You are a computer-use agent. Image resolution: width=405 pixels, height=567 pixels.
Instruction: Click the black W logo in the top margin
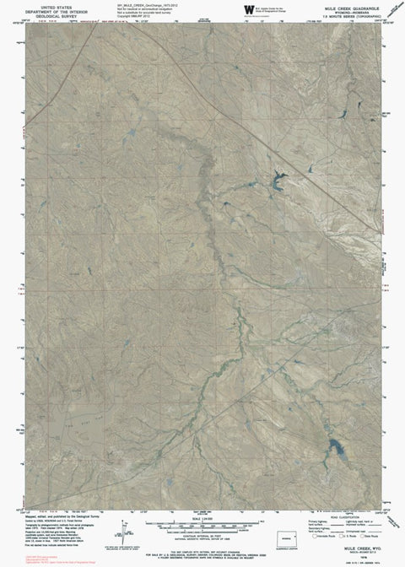pos(247,9)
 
